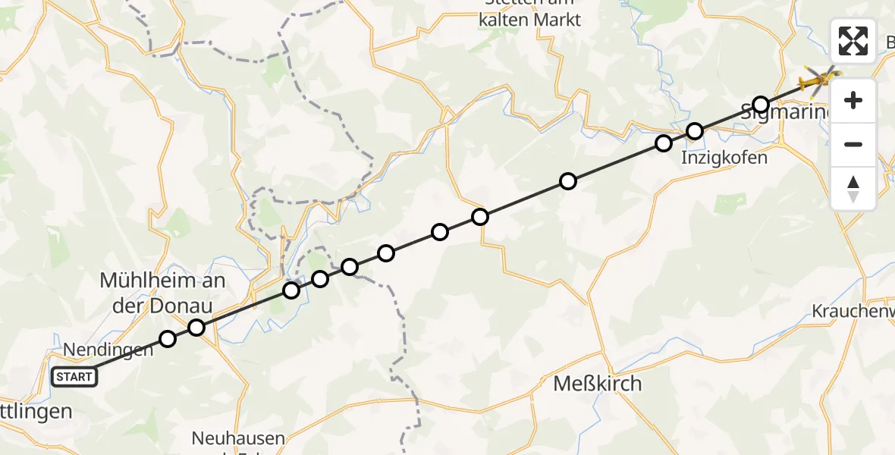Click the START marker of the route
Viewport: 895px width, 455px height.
click(x=74, y=376)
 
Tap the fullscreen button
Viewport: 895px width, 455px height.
click(x=853, y=41)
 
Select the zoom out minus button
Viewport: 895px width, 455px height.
click(x=853, y=144)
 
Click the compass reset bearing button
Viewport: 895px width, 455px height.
click(x=853, y=188)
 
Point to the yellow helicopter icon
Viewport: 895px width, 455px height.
click(x=818, y=77)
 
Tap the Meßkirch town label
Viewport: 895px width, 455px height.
click(x=598, y=384)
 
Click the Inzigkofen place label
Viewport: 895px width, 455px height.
click(x=724, y=158)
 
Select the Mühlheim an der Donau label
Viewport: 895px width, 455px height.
click(x=162, y=291)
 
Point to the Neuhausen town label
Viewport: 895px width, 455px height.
click(x=238, y=438)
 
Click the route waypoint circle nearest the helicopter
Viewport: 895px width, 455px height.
click(x=761, y=105)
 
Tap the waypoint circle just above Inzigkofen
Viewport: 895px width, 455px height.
click(x=695, y=131)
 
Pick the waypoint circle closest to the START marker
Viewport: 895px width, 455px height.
click(x=168, y=339)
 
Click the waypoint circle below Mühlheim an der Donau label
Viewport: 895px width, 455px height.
click(x=196, y=328)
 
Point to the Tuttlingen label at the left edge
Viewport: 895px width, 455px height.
click(x=36, y=412)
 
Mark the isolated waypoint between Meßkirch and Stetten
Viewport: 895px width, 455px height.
click(x=567, y=181)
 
